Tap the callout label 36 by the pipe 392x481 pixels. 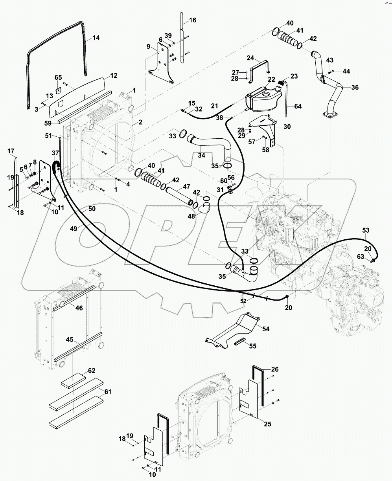355,88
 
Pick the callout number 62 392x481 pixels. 91,371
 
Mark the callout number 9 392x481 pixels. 148,47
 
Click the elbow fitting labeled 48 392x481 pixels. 204,207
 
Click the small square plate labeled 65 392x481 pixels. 58,90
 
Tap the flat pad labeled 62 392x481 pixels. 74,378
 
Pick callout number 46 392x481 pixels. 79,308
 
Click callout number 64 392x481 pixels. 298,106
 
